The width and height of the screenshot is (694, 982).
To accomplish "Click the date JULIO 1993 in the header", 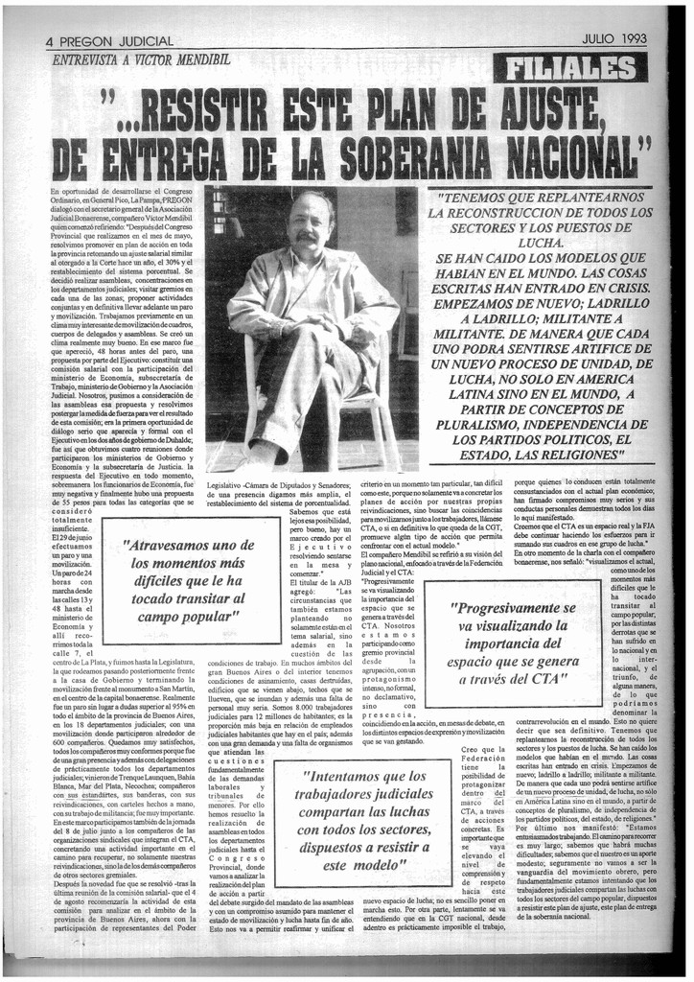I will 613,39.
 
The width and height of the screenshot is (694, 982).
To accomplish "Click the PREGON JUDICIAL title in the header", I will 118,41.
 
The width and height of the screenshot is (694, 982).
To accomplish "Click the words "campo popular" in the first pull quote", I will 187,616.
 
